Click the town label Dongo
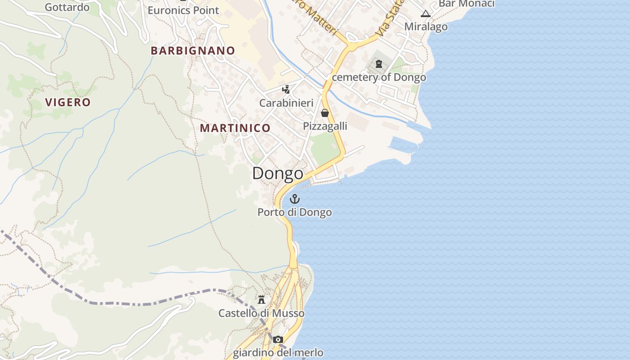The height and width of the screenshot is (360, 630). coord(278,173)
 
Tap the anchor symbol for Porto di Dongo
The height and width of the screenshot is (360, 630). coord(295,198)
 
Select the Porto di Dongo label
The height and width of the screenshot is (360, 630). coord(295,212)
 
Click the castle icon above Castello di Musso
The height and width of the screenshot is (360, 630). coord(261,299)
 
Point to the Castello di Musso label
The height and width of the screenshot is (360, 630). coord(261,313)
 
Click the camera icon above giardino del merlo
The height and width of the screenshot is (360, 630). coord(278,339)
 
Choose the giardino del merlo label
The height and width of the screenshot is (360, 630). coord(278,352)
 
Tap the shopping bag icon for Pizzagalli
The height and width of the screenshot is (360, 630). coord(325,112)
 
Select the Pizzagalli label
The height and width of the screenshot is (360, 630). coord(325,126)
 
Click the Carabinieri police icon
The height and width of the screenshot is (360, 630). coord(286,89)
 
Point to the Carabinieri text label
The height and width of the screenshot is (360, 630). coord(286,103)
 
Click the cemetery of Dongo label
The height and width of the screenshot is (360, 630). coord(379,77)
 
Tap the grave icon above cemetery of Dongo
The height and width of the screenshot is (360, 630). coord(378,64)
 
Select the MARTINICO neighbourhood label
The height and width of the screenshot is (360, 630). coord(235,128)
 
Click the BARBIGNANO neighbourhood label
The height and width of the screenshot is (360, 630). coord(193,51)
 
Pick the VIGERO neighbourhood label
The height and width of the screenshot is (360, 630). coord(68,103)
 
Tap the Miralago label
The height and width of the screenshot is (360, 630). coord(426,27)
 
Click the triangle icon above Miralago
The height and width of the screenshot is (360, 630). coord(426,13)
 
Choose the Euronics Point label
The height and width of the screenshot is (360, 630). coord(183,10)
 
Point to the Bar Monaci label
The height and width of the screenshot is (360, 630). coord(466,4)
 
